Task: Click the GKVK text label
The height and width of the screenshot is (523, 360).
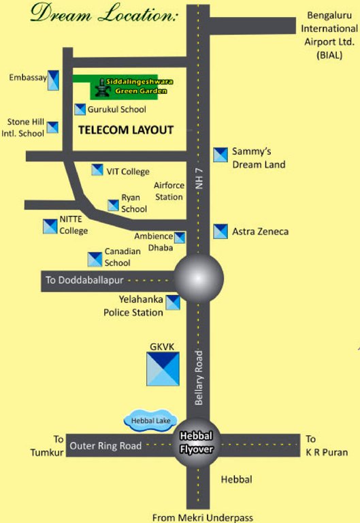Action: click(x=162, y=347)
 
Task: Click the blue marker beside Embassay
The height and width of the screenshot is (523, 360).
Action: click(x=52, y=80)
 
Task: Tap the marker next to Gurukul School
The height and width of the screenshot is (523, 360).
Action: click(x=80, y=110)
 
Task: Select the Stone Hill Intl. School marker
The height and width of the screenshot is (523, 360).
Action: click(x=52, y=127)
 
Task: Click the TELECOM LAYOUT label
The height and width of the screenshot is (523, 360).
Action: click(x=126, y=129)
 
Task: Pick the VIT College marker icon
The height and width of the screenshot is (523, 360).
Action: click(x=97, y=170)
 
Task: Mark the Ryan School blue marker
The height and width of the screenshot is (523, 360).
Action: click(x=114, y=205)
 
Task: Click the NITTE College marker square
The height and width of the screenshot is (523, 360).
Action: click(x=50, y=226)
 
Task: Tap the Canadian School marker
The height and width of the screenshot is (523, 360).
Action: click(x=95, y=259)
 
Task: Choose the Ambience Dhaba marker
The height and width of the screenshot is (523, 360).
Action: click(x=180, y=238)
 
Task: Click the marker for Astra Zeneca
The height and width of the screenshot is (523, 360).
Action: click(x=220, y=232)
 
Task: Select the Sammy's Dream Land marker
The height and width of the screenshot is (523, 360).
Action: click(x=220, y=155)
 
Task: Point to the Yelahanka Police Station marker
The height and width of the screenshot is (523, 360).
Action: click(x=174, y=302)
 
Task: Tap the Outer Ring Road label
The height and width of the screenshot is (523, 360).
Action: click(x=105, y=446)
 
